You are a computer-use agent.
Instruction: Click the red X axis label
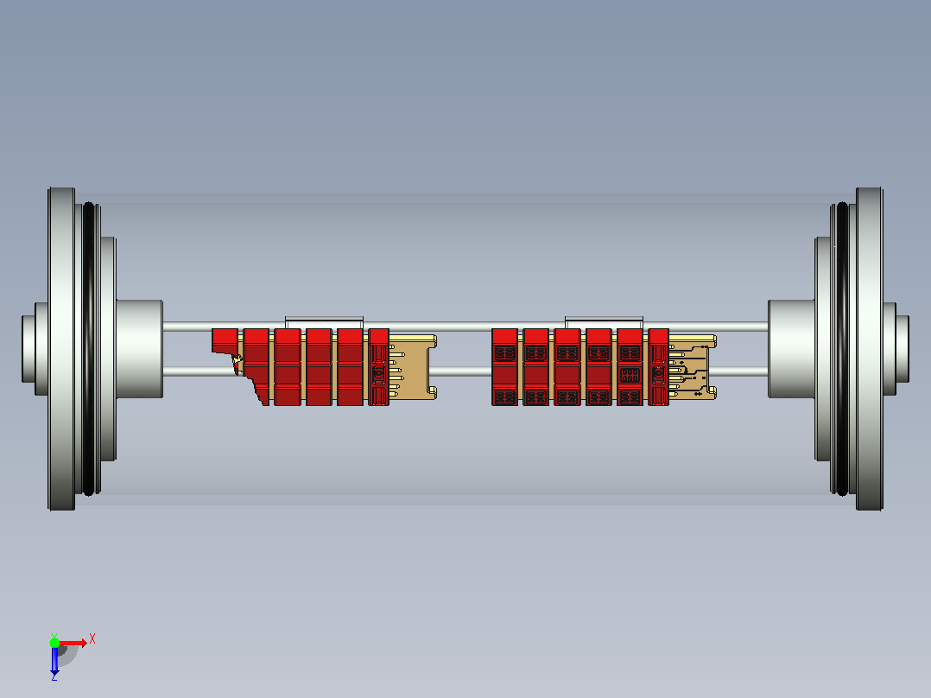click(x=92, y=639)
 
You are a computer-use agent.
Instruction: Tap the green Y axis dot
click(x=54, y=642)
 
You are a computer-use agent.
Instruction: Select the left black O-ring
click(x=88, y=349)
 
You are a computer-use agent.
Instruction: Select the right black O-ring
click(x=842, y=349)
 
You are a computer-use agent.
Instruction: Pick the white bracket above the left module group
click(x=324, y=322)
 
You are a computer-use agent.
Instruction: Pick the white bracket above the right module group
click(x=604, y=322)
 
